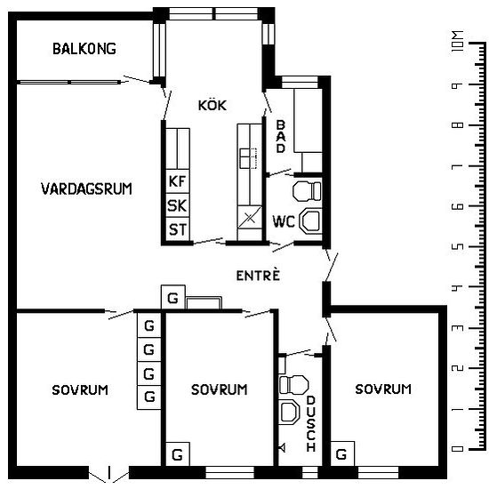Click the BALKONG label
84,49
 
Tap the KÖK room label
212,105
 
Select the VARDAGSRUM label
86,188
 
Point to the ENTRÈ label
258,275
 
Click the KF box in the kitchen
178,181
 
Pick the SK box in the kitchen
178,205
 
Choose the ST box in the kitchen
178,229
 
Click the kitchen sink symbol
248,158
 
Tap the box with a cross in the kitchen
250,217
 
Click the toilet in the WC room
307,190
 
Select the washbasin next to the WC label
310,220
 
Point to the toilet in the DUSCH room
293,384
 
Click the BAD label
281,137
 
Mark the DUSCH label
311,423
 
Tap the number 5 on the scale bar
458,246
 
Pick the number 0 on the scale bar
458,449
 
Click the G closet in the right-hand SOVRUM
342,453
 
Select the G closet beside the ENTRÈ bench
173,298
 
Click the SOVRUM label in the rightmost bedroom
383,389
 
